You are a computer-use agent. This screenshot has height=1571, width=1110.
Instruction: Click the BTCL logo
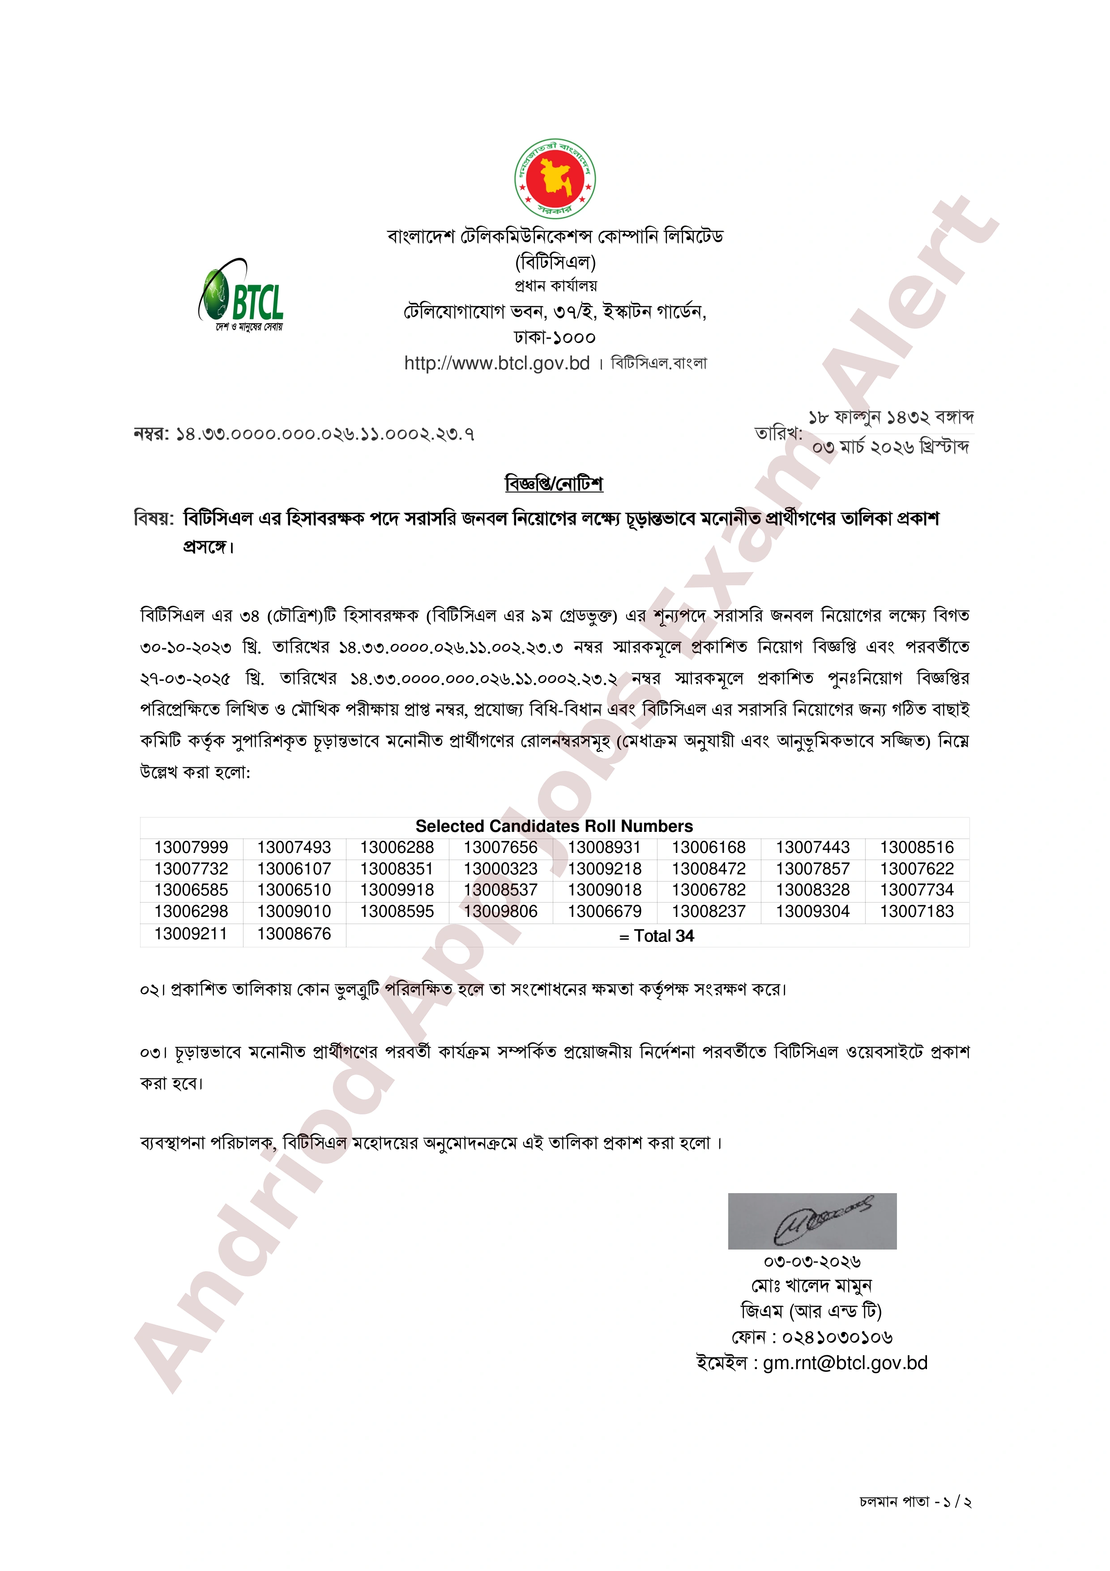241,296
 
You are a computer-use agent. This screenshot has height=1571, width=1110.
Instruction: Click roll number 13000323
501,869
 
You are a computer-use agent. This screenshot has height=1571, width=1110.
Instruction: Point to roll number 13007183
917,912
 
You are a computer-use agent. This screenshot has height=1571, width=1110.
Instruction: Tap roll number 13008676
294,934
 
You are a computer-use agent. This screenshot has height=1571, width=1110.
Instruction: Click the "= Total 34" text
657,936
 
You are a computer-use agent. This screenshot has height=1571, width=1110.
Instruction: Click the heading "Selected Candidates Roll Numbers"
554,826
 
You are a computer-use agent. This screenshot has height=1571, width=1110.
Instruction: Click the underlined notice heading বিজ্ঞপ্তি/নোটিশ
554,484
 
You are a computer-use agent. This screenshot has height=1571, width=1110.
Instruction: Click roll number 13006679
605,912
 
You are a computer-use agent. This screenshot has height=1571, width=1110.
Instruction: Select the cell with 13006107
294,869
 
